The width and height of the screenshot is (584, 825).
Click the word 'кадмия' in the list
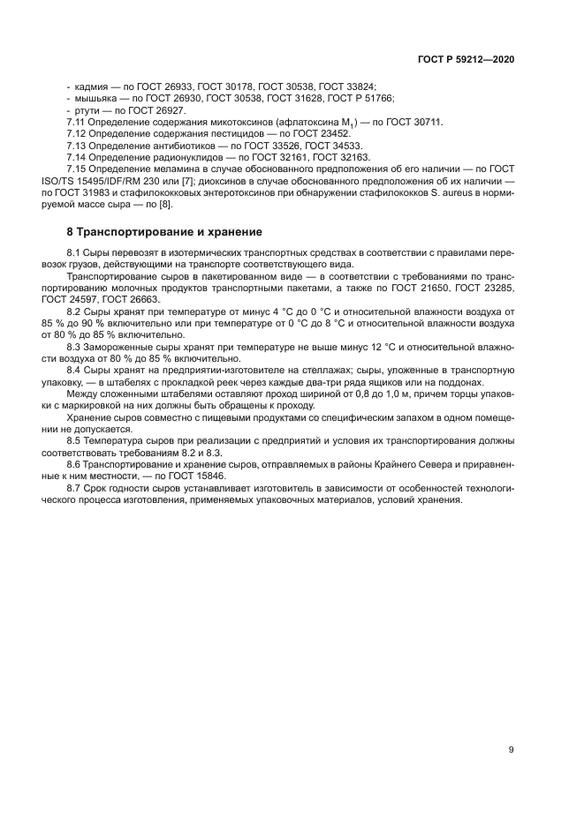point(91,86)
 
